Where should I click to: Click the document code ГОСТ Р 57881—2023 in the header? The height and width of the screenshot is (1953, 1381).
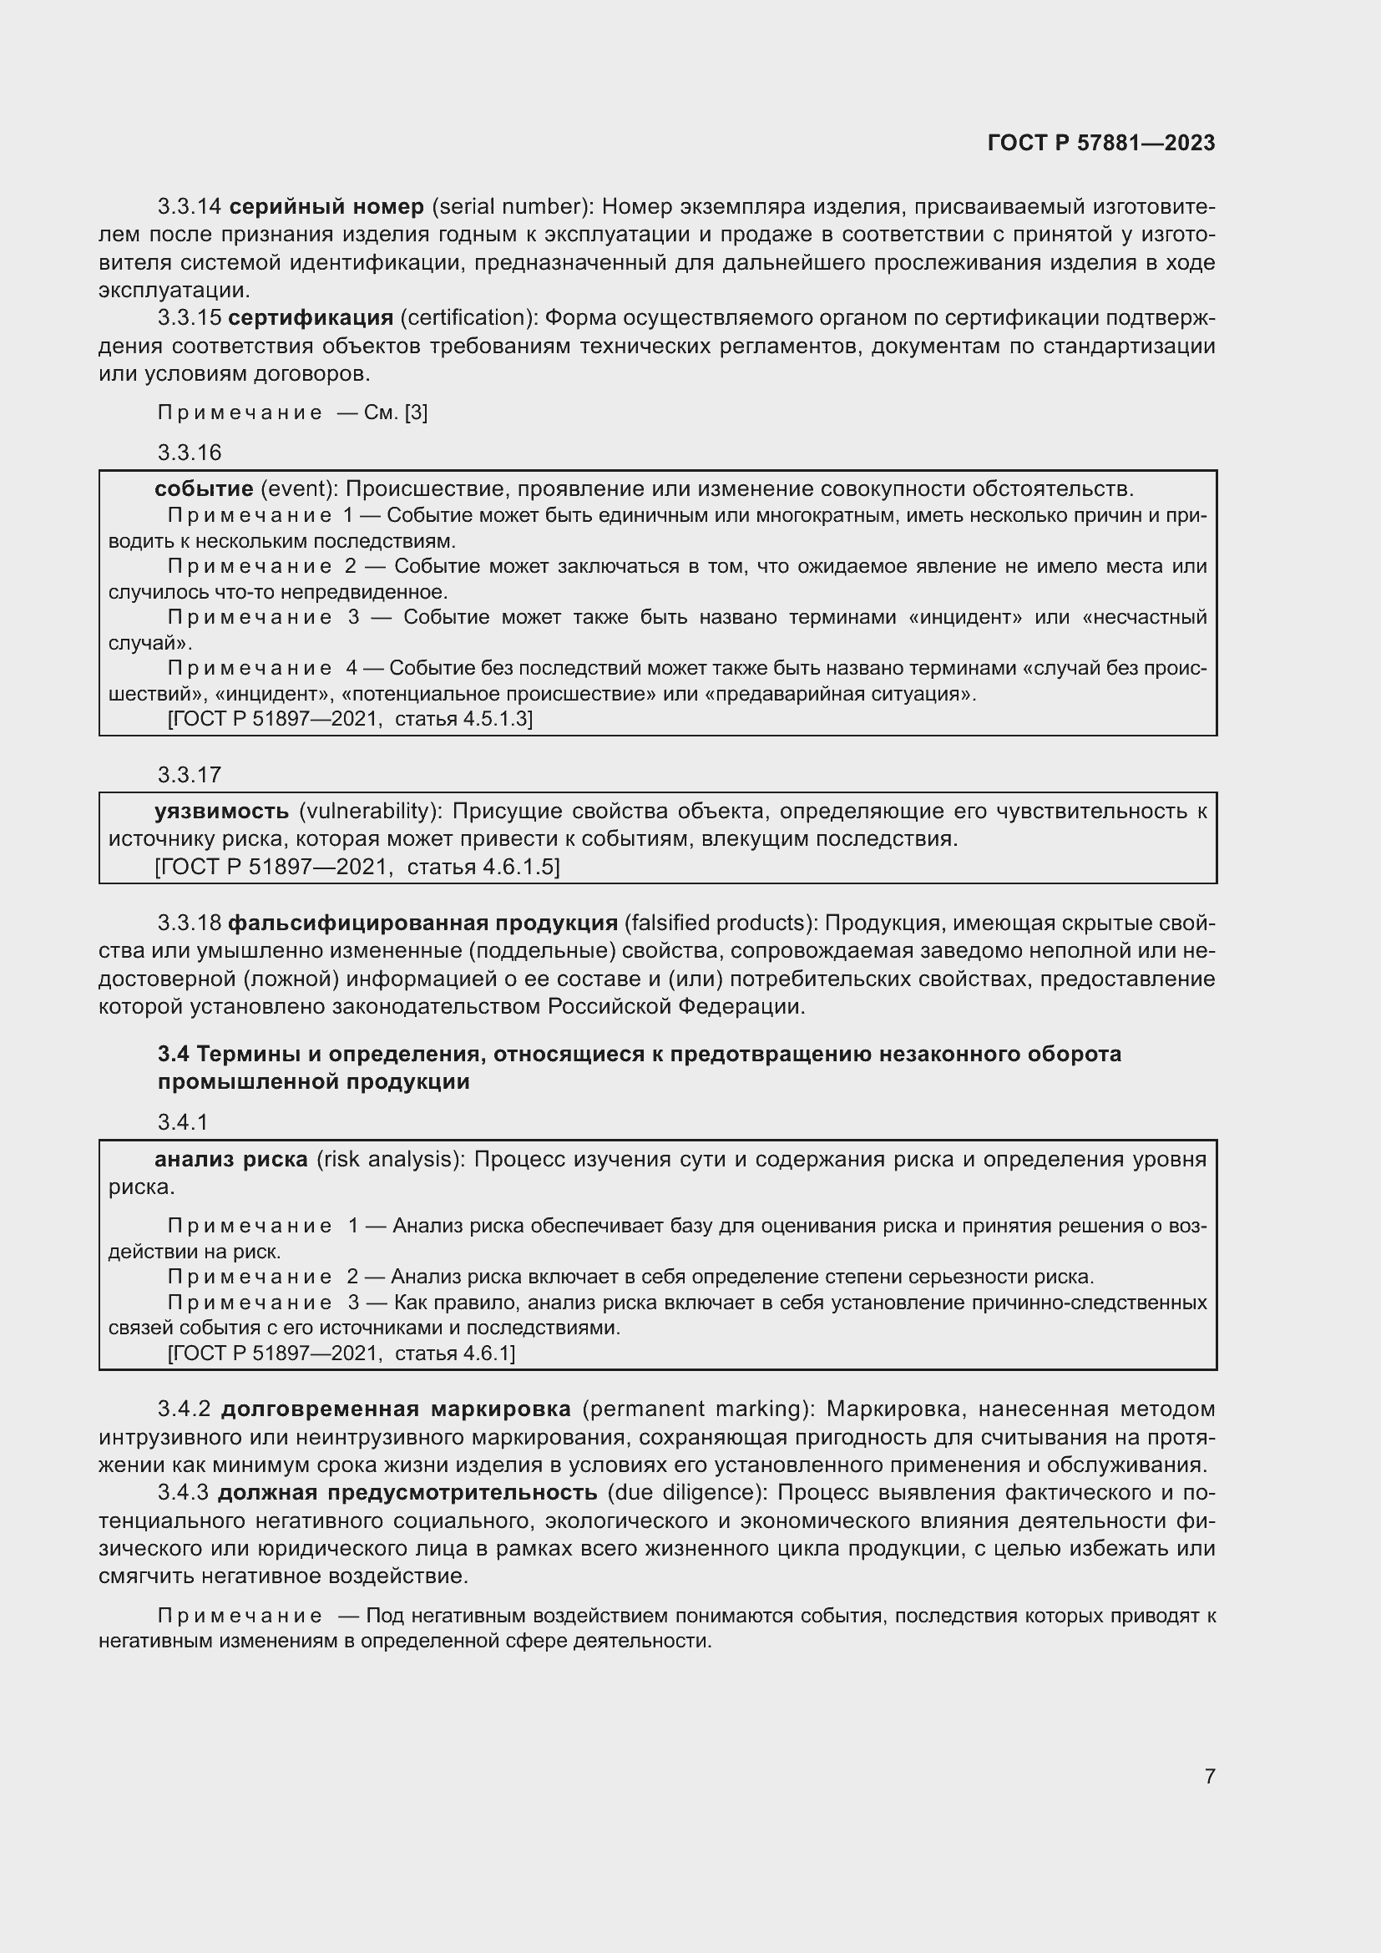click(1100, 143)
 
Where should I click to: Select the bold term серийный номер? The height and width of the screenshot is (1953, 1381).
click(326, 207)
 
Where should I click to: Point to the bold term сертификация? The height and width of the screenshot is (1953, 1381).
click(311, 318)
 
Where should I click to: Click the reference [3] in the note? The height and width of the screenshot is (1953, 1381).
click(416, 412)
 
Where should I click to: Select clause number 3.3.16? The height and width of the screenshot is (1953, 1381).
click(189, 453)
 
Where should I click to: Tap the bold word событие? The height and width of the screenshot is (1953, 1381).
click(204, 489)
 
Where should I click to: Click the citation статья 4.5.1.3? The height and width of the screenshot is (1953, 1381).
click(463, 719)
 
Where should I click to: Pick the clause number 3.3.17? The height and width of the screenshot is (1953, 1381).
click(189, 775)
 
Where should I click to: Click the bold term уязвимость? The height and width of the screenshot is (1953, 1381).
click(221, 812)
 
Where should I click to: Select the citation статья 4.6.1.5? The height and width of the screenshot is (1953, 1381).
click(483, 867)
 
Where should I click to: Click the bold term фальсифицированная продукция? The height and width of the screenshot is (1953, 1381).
click(422, 923)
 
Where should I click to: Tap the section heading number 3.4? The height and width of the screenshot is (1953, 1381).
click(173, 1054)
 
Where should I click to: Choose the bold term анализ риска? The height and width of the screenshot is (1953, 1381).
click(230, 1160)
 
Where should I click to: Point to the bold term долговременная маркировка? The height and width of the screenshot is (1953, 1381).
click(396, 1409)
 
